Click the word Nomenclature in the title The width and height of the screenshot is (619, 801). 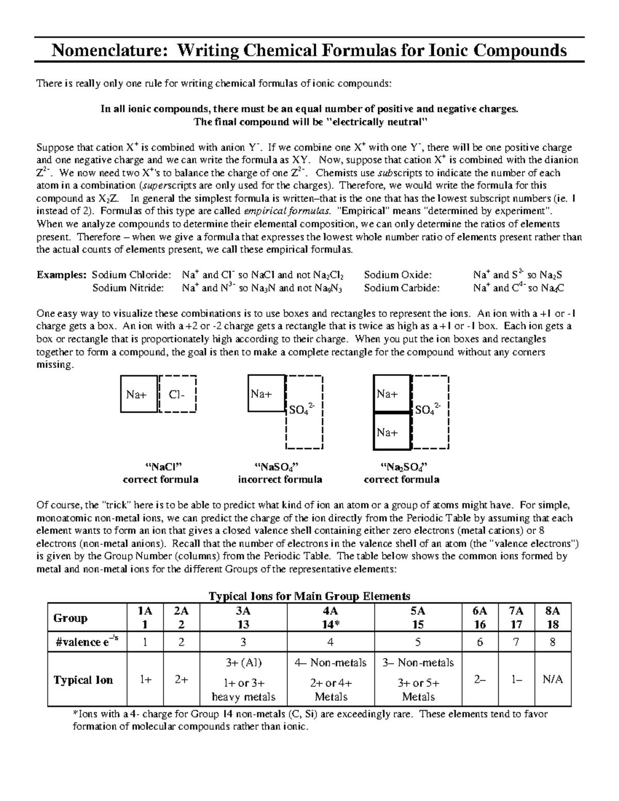click(x=108, y=51)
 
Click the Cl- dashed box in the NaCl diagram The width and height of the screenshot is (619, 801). click(x=177, y=395)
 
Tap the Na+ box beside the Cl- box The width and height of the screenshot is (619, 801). click(x=138, y=395)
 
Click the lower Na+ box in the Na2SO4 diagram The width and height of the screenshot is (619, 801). click(x=391, y=432)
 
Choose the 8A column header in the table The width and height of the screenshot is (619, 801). click(x=553, y=617)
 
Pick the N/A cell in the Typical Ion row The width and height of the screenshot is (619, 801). click(x=553, y=679)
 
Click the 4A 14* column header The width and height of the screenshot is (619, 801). click(x=330, y=617)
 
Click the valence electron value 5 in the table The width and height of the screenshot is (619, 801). click(x=418, y=642)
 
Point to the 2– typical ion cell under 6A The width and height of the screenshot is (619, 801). click(x=480, y=679)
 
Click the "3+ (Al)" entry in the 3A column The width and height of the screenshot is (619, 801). click(x=243, y=662)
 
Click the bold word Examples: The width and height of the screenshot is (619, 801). click(x=61, y=275)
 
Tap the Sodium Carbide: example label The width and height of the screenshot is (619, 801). click(x=402, y=288)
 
